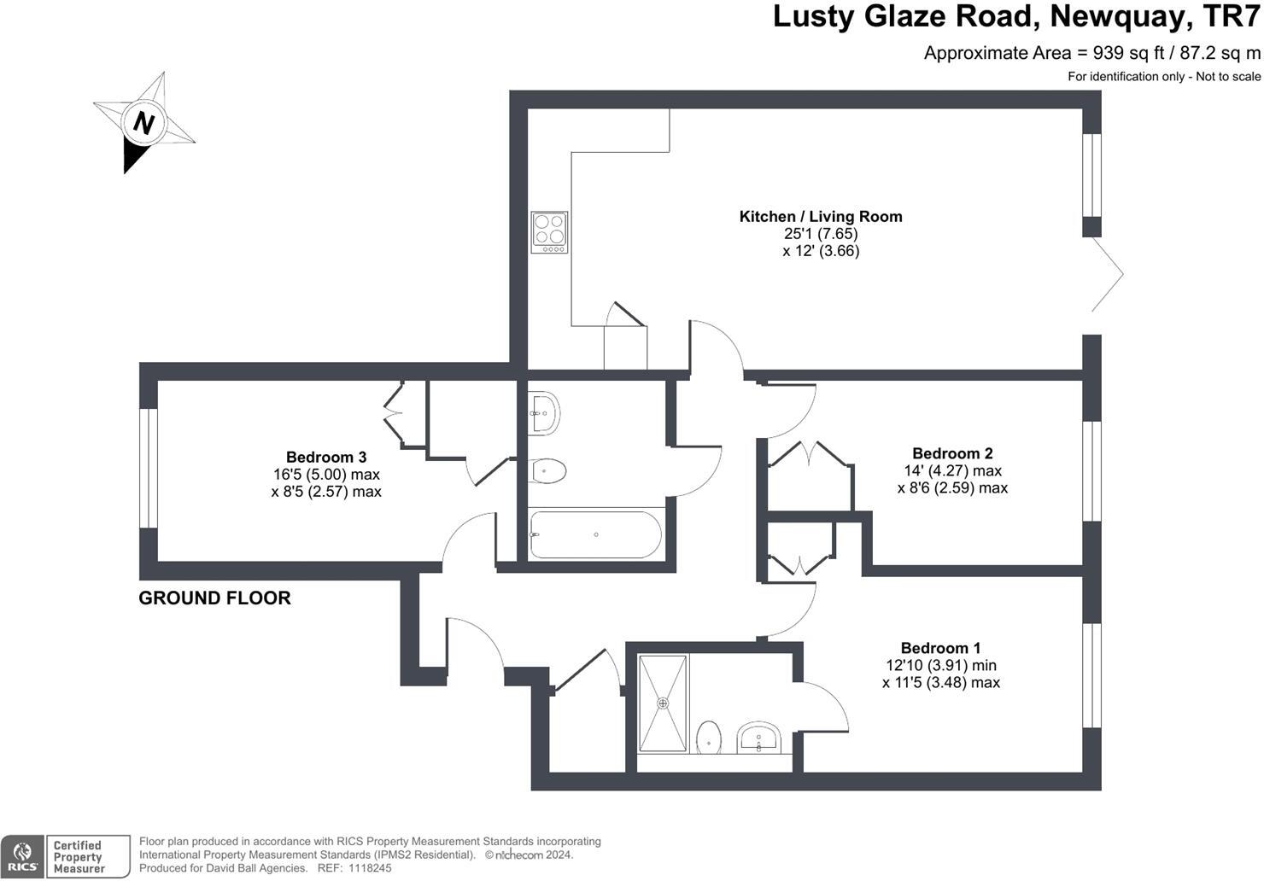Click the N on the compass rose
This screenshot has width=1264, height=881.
coord(143,122)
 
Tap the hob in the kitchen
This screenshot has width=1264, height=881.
coord(549,232)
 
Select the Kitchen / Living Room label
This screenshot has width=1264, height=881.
coord(821,217)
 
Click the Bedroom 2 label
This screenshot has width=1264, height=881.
coord(952,453)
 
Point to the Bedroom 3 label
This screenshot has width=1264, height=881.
coord(326,457)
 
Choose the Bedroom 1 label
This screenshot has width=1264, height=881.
coord(940,648)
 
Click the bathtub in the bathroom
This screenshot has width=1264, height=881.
coord(595,534)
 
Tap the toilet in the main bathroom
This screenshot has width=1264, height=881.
coord(548,470)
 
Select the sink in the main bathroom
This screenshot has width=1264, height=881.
coord(544,413)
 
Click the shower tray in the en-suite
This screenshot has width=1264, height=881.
coord(663,703)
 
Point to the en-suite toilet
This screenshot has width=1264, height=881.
coord(709,738)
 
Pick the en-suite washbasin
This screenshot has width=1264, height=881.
coord(758,738)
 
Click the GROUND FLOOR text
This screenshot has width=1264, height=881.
coord(214,598)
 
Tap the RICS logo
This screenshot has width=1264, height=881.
coord(22,856)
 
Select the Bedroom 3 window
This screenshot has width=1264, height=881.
coord(149,468)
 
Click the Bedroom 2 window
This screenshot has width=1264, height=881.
coord(1091,471)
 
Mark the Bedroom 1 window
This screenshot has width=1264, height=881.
coord(1091,675)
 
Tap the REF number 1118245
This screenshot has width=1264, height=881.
coord(370,868)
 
